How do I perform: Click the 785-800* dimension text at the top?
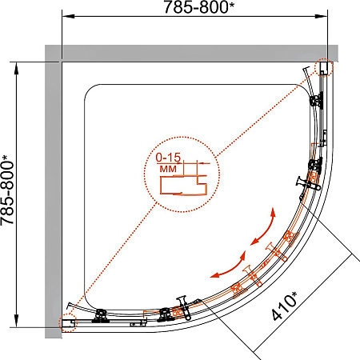click(198, 7)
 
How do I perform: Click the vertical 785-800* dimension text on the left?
click(7, 190)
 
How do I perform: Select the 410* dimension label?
click(284, 306)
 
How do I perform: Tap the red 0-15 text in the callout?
click(168, 158)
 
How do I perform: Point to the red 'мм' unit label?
click(168, 169)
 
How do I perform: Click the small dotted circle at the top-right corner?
click(323, 67)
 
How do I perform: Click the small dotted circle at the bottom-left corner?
click(67, 322)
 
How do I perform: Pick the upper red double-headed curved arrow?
click(263, 226)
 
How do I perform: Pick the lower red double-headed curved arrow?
click(229, 266)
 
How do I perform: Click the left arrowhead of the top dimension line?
click(68, 16)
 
